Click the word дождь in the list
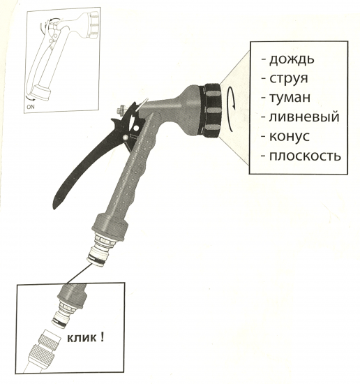point(292,59)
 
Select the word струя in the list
point(289,79)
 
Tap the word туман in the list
point(290,98)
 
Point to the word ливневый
point(304,117)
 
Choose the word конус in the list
point(290,136)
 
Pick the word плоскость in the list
point(305,156)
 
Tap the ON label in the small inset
point(31,107)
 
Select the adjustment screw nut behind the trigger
point(120,110)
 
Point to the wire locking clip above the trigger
point(142,103)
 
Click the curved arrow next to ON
point(30,98)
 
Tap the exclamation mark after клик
point(102,337)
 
